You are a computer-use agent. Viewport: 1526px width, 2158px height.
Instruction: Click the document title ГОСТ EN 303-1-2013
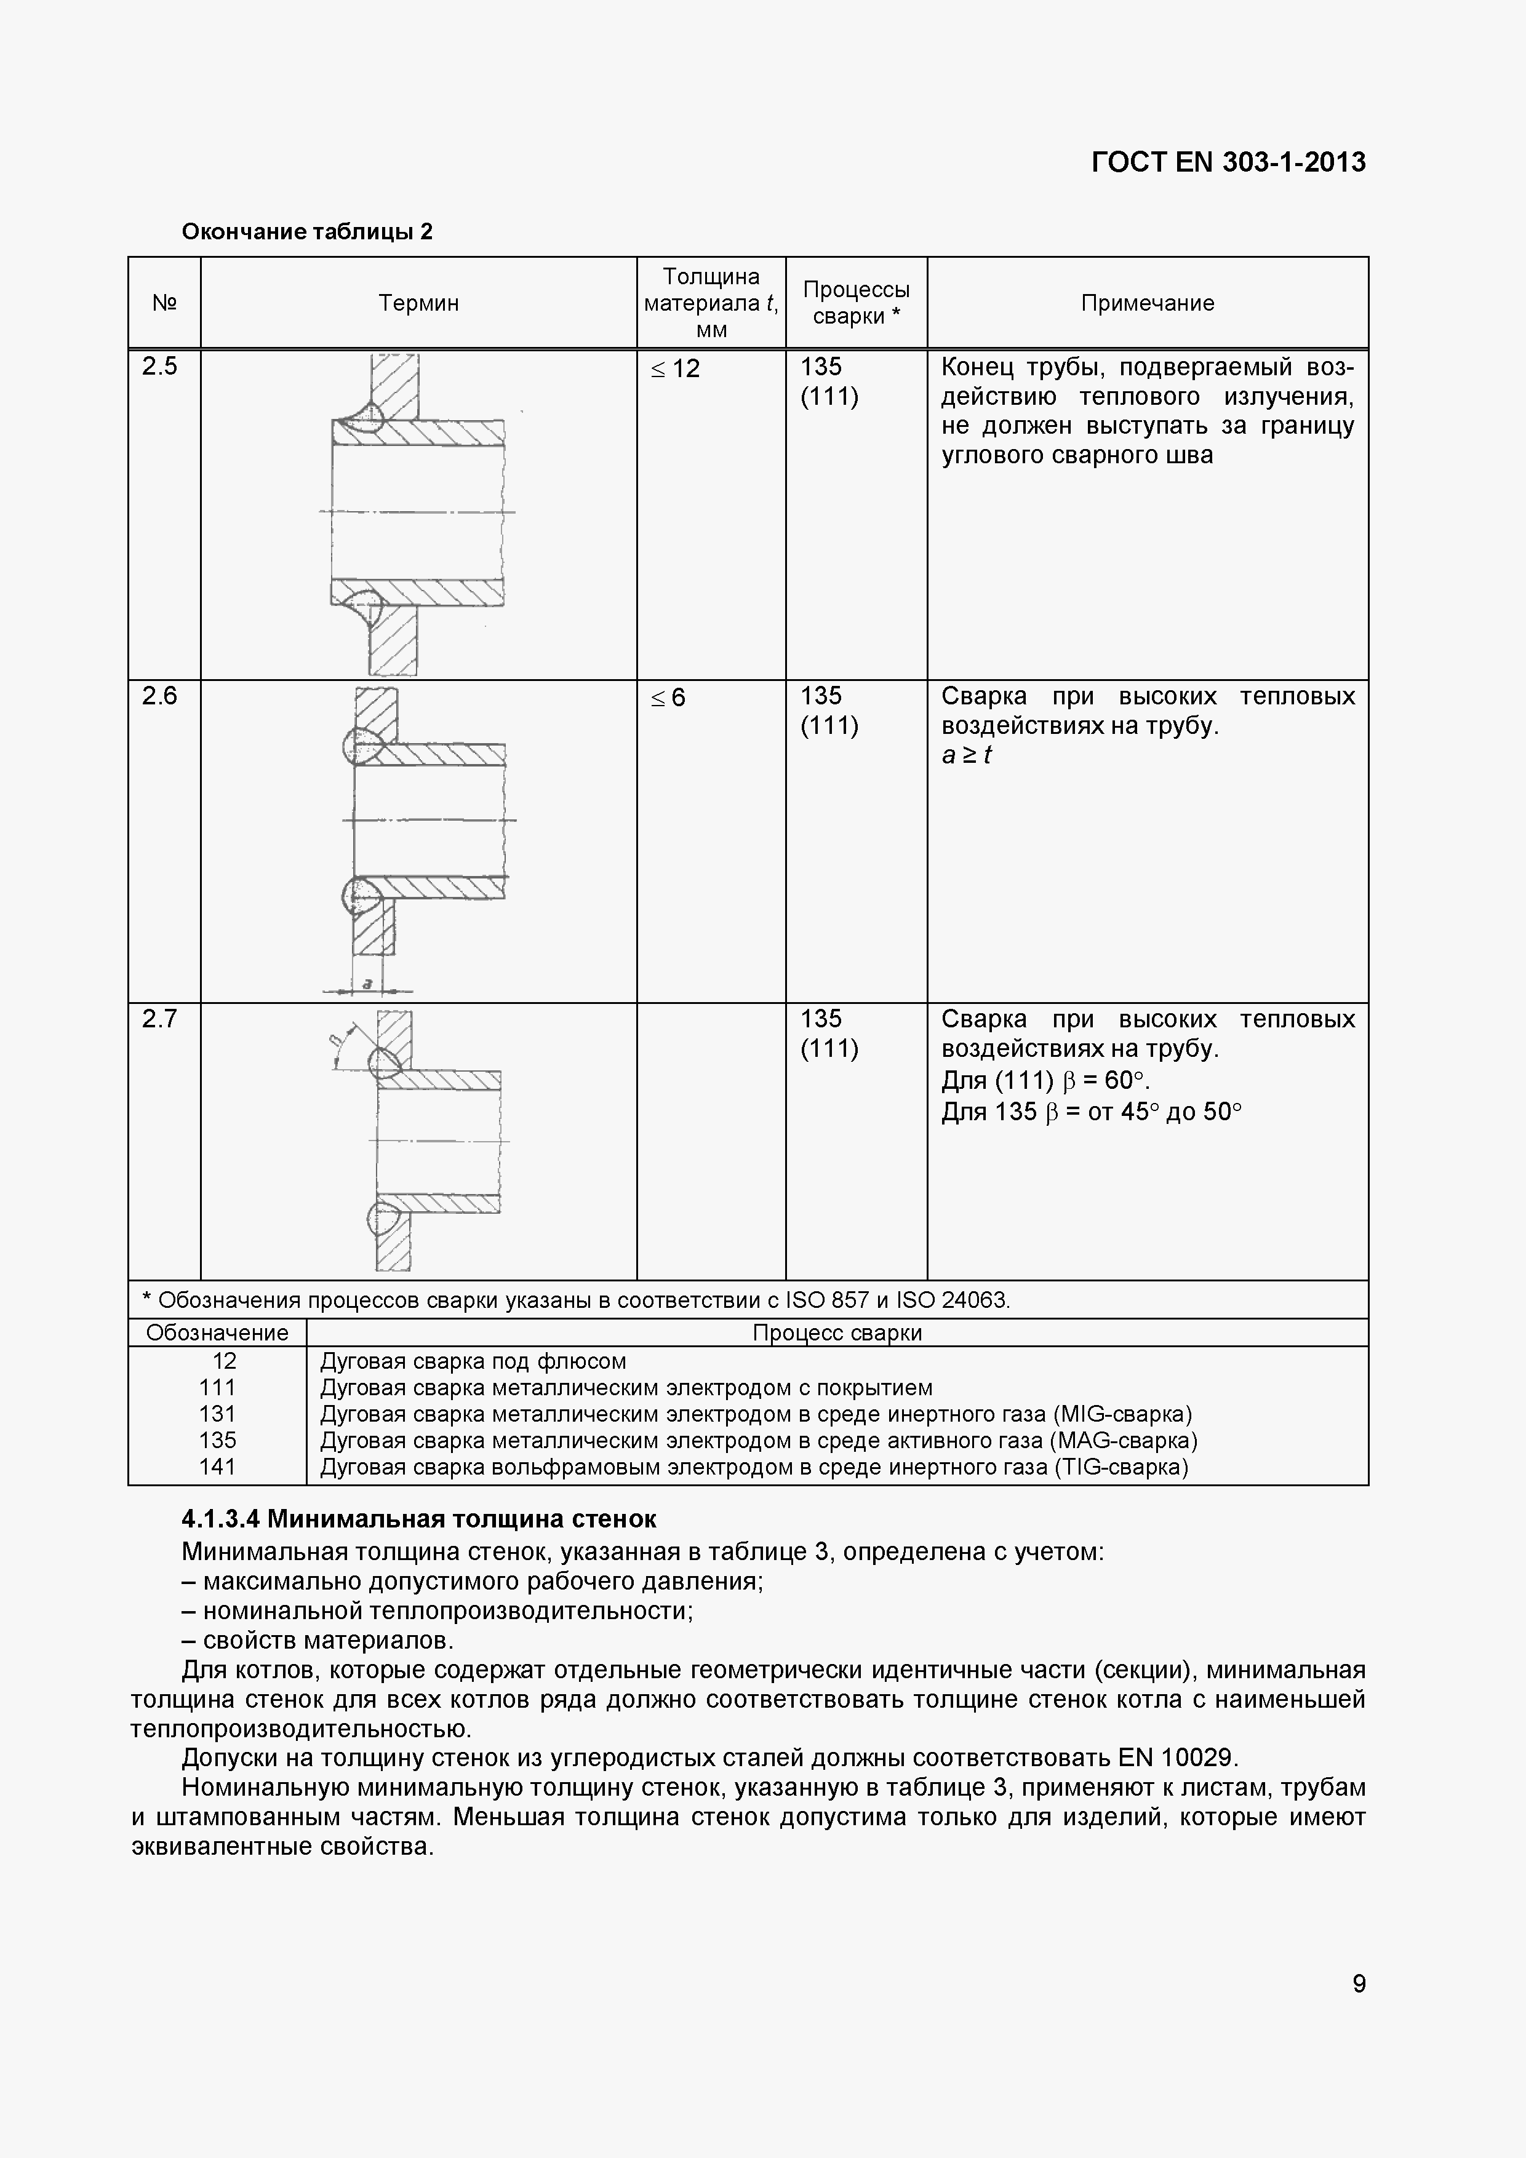click(x=1228, y=162)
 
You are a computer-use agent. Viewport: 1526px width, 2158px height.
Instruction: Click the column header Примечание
click(x=1147, y=303)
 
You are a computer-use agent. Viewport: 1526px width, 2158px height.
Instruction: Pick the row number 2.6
click(x=160, y=696)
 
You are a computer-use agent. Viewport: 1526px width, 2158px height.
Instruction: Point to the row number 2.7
click(x=160, y=1019)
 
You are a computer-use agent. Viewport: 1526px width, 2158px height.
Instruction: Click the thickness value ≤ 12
click(x=675, y=368)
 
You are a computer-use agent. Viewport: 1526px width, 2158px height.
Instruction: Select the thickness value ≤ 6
click(x=668, y=698)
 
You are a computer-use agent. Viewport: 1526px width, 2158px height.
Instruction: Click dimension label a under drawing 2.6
click(x=367, y=983)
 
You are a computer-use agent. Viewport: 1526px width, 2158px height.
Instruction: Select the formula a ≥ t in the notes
click(x=967, y=755)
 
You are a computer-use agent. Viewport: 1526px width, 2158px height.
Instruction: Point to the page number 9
click(x=1359, y=1983)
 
